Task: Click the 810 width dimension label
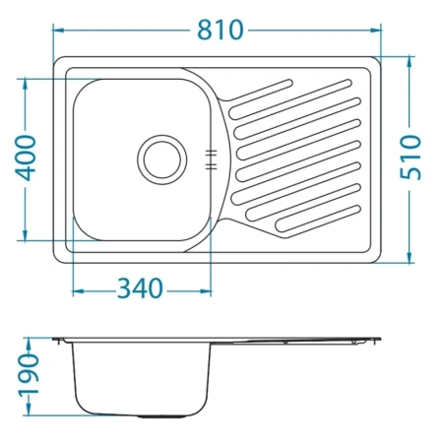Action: click(x=221, y=31)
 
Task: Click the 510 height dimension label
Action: click(x=411, y=158)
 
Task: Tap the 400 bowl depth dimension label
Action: click(x=26, y=158)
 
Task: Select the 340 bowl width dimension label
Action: click(x=140, y=288)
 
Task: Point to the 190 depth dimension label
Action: click(x=29, y=374)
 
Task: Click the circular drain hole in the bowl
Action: click(x=162, y=159)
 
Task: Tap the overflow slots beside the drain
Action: click(x=211, y=159)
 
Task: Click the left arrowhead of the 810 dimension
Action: click(x=58, y=31)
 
